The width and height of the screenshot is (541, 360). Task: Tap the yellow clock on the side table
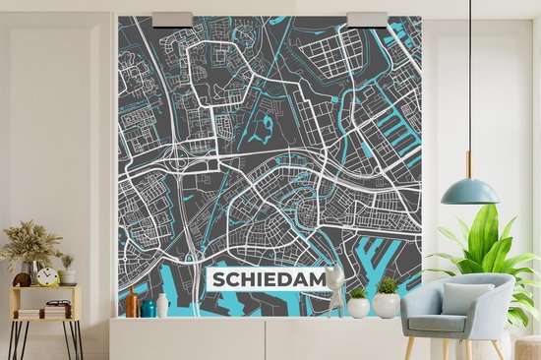tap(47, 276)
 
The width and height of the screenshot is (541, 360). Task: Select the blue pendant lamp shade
tap(469, 192)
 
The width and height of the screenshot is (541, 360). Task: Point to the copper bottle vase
tap(132, 302)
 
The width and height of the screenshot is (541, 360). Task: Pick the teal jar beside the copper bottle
tap(148, 308)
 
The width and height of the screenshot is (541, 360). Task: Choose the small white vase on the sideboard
tap(162, 306)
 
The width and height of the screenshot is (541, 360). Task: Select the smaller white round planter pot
tap(359, 306)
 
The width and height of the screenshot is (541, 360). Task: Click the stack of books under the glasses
tap(57, 312)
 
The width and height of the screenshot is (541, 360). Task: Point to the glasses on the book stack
tap(58, 303)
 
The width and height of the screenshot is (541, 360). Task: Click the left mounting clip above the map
tap(173, 19)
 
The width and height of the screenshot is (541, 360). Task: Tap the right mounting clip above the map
tap(368, 19)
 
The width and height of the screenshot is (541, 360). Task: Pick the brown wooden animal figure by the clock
tap(22, 279)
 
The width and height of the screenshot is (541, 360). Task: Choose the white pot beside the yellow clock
tap(67, 276)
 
